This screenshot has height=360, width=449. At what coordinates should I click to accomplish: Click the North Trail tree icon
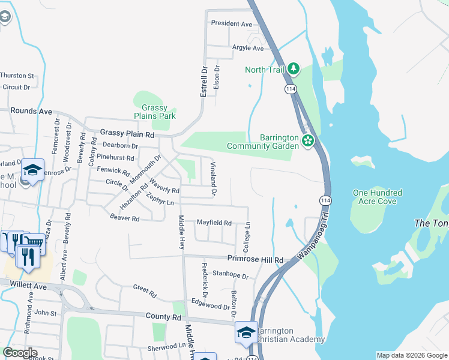tap(293, 69)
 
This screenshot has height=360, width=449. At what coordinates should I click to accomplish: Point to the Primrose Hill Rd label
tap(255, 260)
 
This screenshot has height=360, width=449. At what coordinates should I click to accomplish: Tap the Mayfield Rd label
tap(214, 223)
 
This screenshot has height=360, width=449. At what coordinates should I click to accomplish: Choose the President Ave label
tap(232, 24)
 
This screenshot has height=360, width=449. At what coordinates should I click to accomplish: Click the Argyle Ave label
tap(249, 48)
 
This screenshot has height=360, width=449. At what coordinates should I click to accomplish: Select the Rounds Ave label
tap(31, 111)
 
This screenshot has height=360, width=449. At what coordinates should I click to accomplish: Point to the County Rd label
tap(163, 316)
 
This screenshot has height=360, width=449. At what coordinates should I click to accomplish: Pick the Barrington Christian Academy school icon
tap(246, 334)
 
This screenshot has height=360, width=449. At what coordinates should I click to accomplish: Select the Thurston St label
tap(17, 76)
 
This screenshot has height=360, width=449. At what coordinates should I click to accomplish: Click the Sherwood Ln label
tap(167, 346)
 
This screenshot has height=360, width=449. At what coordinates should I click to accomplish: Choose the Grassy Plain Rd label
tap(127, 133)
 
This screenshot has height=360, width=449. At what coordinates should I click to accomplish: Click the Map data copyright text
tap(411, 355)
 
